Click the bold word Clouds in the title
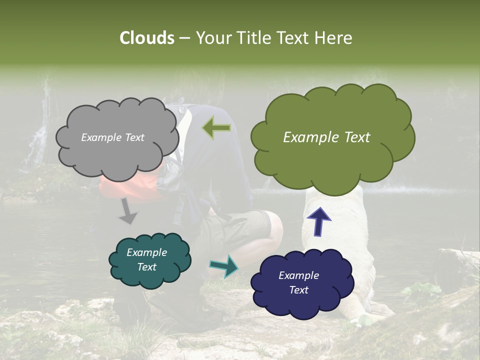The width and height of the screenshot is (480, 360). click(146, 38)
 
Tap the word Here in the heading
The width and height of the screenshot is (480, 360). click(335, 38)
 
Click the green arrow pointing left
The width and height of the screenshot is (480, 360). click(216, 128)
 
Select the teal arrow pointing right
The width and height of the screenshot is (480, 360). click(224, 265)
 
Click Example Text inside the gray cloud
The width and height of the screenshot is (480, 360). click(112, 137)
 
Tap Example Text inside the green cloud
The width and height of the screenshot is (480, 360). click(326, 137)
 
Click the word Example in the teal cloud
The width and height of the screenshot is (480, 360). click(146, 252)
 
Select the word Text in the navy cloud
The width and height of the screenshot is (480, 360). click(299, 290)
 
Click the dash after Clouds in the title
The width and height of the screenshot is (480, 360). click(184, 38)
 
